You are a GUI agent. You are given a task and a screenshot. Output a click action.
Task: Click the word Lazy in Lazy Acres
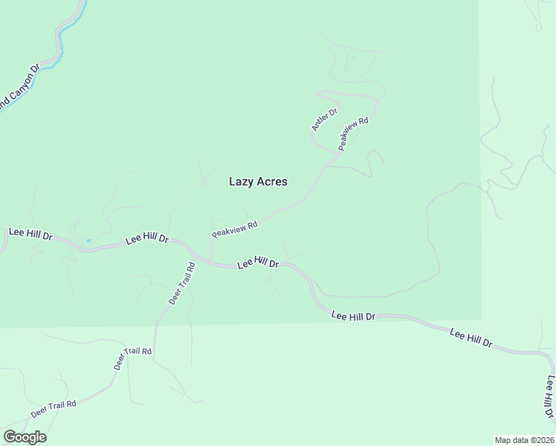pos(242,181)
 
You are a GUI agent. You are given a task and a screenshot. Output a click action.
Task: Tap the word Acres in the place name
pos(272,181)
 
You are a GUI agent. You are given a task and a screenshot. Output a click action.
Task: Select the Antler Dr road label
pos(324,120)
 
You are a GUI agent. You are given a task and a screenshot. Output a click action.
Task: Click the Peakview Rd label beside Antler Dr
pos(354,134)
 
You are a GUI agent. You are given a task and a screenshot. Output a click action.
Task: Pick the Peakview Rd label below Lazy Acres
pos(234,228)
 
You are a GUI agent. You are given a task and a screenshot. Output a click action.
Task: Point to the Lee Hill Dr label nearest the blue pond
pos(147,239)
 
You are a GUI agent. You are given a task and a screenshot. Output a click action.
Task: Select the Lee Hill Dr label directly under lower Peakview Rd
pos(258,263)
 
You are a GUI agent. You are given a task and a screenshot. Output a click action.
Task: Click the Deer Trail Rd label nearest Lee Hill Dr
pos(181,282)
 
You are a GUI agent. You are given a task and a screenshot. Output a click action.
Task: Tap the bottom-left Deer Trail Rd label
pos(54,408)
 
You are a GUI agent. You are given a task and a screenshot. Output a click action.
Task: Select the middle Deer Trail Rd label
pos(132,360)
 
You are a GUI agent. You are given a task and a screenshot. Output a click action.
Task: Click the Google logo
pos(25,436)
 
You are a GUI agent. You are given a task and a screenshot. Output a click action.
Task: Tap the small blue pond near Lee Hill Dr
pos(88,241)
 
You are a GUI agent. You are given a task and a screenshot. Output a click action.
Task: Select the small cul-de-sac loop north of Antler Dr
pos(345,70)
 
